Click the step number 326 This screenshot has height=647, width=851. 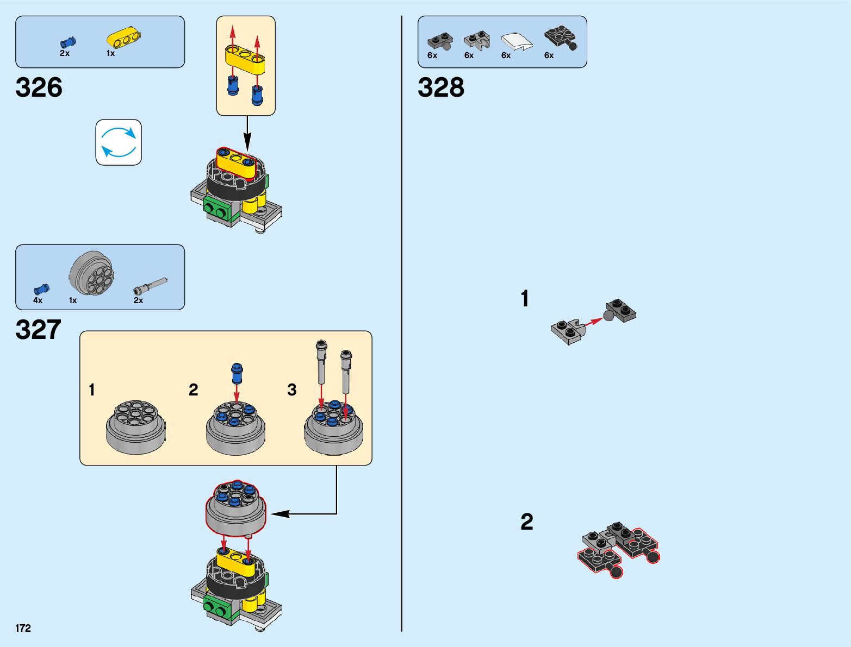pyautogui.click(x=39, y=87)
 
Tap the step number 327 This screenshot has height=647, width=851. pyautogui.click(x=39, y=330)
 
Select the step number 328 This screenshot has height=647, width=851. pyautogui.click(x=441, y=87)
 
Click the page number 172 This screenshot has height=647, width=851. pyautogui.click(x=23, y=628)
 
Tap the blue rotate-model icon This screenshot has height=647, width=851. pyautogui.click(x=119, y=142)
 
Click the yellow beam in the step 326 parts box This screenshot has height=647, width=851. pyautogui.click(x=123, y=37)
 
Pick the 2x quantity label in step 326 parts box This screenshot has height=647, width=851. pyautogui.click(x=65, y=53)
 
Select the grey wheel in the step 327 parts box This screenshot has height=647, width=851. pyautogui.click(x=91, y=274)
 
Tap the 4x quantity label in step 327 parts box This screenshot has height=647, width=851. pyautogui.click(x=38, y=300)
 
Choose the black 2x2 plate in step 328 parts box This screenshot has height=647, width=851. pyautogui.click(x=560, y=37)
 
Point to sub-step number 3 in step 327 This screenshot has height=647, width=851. pyautogui.click(x=292, y=390)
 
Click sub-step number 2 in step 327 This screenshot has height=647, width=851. pyautogui.click(x=194, y=390)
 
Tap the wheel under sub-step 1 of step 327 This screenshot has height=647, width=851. pyautogui.click(x=135, y=427)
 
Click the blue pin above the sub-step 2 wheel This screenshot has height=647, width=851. pyautogui.click(x=237, y=373)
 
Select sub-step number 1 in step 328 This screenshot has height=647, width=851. pyautogui.click(x=525, y=299)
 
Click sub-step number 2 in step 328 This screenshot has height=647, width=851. pyautogui.click(x=526, y=522)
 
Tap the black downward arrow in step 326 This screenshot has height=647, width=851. pyautogui.click(x=247, y=133)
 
